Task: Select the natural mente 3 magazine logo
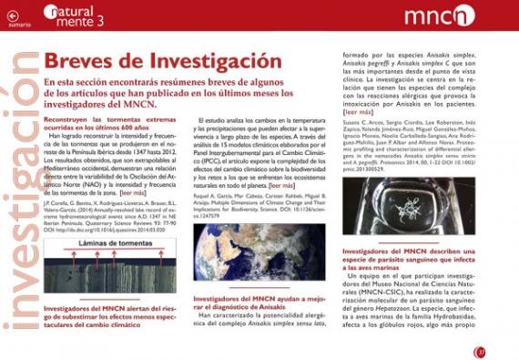point(83,14)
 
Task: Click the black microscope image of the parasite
point(403,211)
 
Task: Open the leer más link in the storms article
point(133,194)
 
